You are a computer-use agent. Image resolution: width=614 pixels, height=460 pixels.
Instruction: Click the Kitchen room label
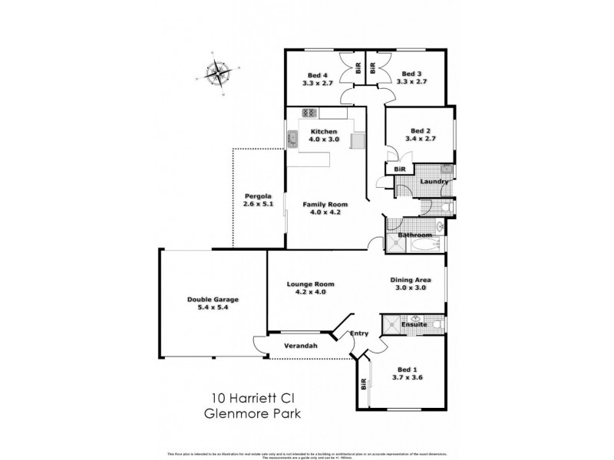click(x=323, y=136)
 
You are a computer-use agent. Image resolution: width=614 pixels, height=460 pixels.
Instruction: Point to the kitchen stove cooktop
click(x=309, y=113)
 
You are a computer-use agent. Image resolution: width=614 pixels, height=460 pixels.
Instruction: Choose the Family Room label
click(x=325, y=209)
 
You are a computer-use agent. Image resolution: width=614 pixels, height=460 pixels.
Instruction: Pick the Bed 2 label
click(x=423, y=135)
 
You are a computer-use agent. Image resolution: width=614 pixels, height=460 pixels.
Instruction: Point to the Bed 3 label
click(x=412, y=77)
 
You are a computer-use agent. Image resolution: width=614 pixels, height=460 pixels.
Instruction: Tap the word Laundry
click(x=434, y=181)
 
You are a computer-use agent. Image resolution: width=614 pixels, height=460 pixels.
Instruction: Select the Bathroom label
click(x=414, y=235)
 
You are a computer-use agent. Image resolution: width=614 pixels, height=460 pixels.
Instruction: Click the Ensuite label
click(x=414, y=325)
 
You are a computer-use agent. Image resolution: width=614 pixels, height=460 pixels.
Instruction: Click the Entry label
click(x=359, y=333)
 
